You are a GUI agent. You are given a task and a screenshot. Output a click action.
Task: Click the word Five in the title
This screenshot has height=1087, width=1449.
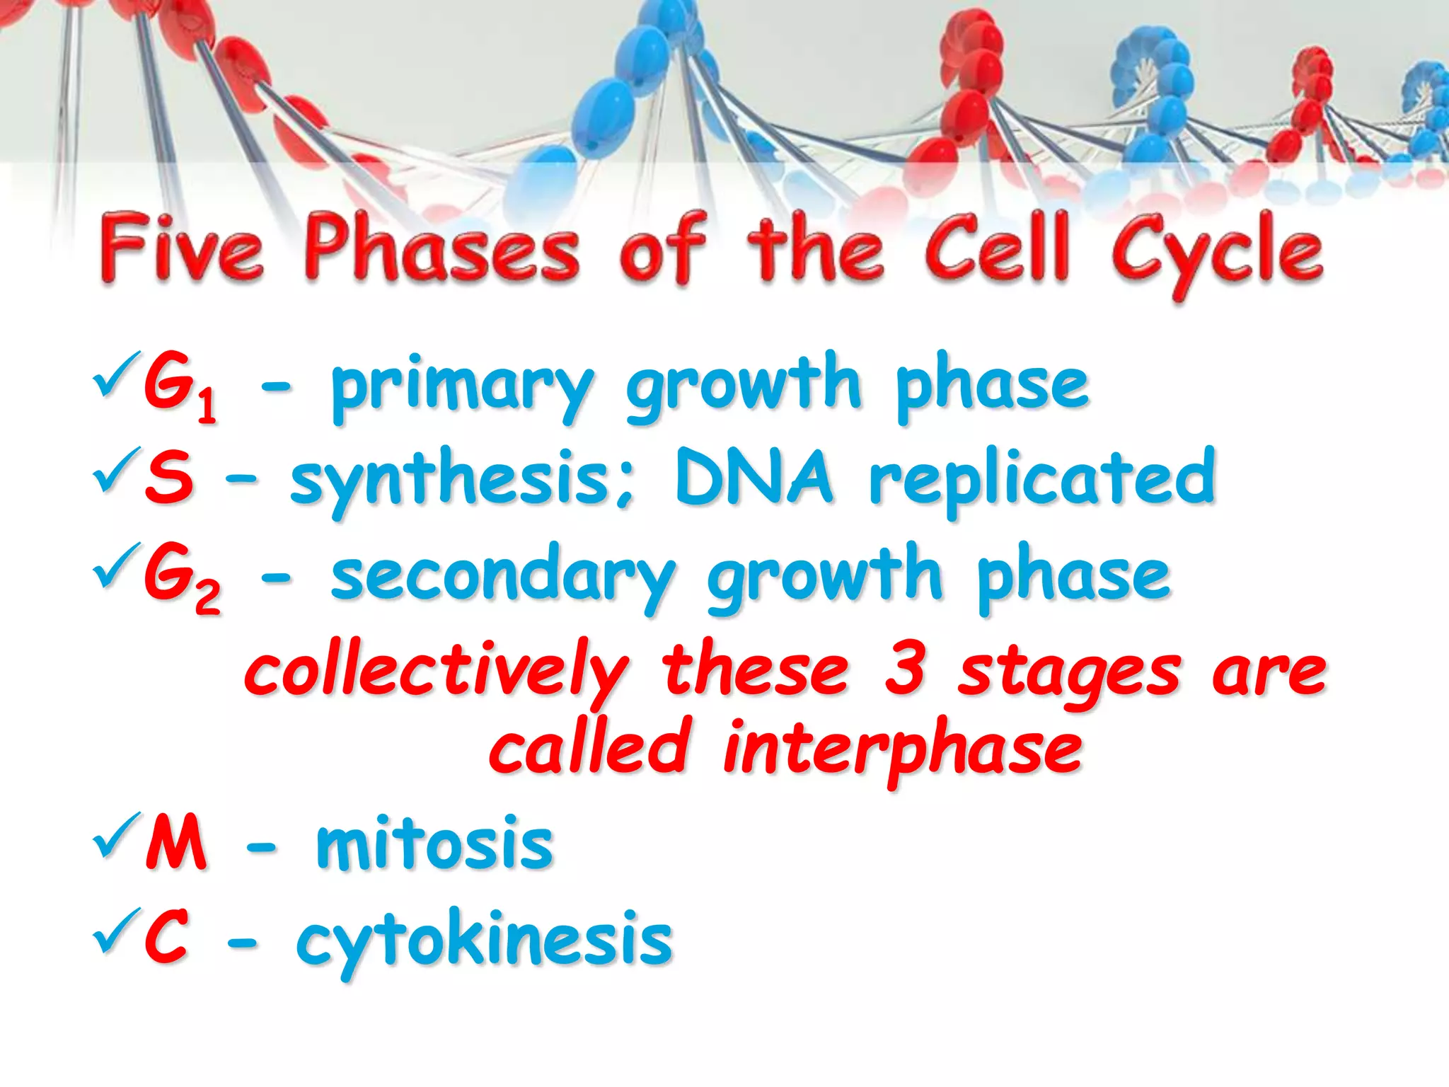click(x=182, y=249)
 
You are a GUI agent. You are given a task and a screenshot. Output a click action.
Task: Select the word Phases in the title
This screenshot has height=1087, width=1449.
click(x=442, y=249)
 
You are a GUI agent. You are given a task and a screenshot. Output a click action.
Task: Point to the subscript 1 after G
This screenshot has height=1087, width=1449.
click(x=206, y=408)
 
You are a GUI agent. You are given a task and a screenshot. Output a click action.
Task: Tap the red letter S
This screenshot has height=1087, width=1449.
click(x=168, y=477)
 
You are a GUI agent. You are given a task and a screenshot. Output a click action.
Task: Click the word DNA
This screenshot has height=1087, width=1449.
click(x=754, y=477)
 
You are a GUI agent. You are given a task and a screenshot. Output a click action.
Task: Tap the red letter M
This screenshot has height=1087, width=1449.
click(x=175, y=842)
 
